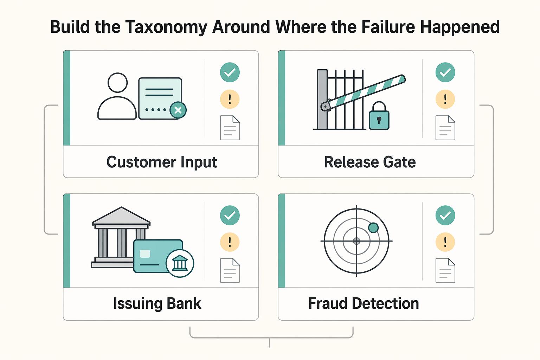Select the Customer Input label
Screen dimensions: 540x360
coord(162,162)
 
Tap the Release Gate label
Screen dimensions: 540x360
coord(370,162)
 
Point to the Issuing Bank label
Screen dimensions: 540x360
coord(157,303)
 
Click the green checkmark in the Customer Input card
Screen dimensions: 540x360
coord(230,72)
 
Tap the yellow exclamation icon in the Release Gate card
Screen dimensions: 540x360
coord(445,99)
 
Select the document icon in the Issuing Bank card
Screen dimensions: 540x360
coord(230,270)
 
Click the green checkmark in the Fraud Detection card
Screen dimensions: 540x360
coord(445,215)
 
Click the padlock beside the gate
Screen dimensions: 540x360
coord(379,116)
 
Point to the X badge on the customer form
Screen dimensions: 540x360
coord(178,110)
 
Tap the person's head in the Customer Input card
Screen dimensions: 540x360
coord(118,83)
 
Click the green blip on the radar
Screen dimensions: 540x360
coord(373,227)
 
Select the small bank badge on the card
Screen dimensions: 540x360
coord(180,263)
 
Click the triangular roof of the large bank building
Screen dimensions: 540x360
coord(122,216)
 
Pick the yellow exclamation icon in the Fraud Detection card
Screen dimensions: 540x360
coord(445,242)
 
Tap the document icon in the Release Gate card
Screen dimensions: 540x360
coord(445,128)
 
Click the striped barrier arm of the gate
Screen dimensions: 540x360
coord(363,93)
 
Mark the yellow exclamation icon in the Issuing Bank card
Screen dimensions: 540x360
coord(230,242)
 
